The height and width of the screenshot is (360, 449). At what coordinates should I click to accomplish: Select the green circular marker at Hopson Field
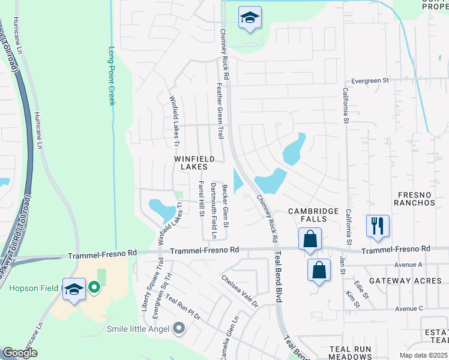coord(94,289)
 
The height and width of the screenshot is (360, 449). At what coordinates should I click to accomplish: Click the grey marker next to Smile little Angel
coord(178,328)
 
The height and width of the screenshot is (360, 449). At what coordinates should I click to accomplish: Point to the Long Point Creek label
coord(112,76)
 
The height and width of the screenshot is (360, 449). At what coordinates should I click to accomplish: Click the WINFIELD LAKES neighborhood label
coord(194,163)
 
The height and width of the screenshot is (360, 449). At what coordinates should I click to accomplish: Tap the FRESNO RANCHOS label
coord(414,199)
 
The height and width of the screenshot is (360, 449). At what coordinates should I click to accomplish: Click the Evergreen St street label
coord(370,80)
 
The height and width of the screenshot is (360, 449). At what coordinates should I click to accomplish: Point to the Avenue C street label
coord(409,309)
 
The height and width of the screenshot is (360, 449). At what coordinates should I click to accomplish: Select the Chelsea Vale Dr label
coord(239,291)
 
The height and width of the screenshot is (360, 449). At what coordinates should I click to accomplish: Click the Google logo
coord(20,353)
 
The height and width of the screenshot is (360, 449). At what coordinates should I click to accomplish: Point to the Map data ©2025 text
coord(423,355)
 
